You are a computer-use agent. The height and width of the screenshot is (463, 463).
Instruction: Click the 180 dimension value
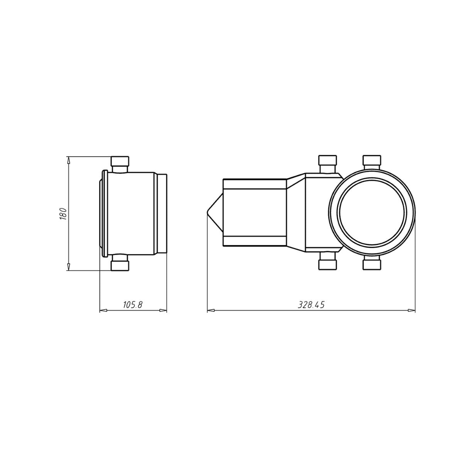[63, 213]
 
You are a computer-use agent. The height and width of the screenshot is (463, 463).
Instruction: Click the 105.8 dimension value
[133, 305]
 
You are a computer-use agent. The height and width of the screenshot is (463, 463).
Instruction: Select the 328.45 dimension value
[311, 305]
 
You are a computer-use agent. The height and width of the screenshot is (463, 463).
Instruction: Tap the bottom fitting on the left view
[120, 262]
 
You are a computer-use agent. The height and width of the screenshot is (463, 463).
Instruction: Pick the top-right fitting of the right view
[372, 163]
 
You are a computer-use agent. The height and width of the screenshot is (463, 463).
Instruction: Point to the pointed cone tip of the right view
[207, 212]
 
